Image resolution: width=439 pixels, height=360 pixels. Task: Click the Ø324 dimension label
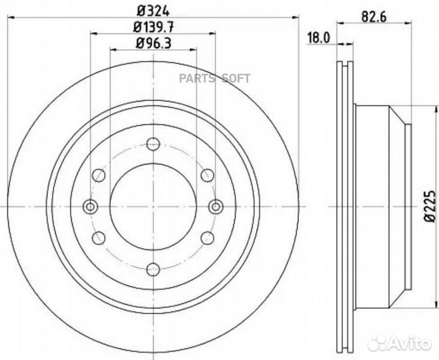pos(153,10)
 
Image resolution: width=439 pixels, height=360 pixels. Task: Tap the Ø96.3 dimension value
pos(153,44)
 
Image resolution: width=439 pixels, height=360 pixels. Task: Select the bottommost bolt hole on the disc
pos(153,269)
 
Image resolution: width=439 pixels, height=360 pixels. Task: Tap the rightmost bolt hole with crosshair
pos(215,206)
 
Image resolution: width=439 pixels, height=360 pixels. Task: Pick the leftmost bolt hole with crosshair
pos(89,206)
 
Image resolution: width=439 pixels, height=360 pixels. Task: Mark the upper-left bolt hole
pos(99,175)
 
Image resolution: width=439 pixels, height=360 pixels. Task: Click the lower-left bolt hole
pos(99,237)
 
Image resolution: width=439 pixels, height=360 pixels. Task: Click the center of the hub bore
pos(153,206)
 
